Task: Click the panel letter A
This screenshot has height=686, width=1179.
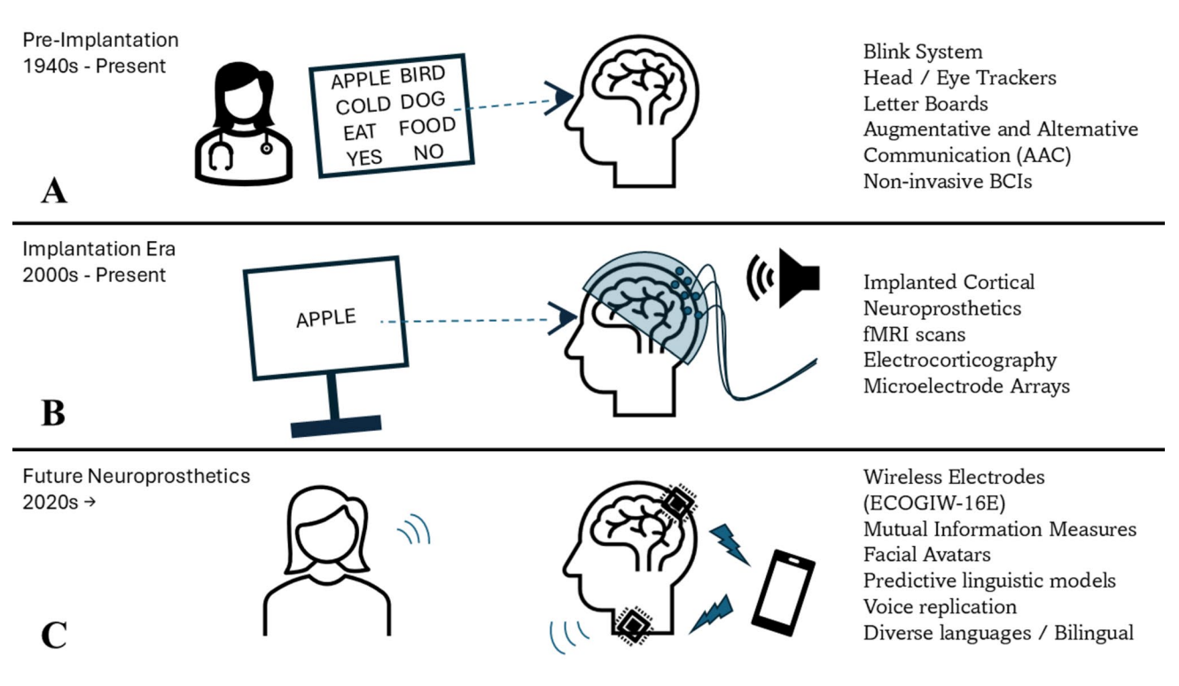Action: tap(54, 190)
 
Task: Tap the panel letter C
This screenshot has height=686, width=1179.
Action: tap(53, 636)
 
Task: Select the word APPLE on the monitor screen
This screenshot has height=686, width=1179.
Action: tap(325, 317)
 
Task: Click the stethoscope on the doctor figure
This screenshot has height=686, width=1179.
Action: tap(232, 154)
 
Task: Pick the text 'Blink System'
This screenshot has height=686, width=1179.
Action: tap(922, 52)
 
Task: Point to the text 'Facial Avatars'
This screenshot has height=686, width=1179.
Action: tap(926, 555)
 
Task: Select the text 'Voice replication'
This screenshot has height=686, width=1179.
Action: tap(940, 606)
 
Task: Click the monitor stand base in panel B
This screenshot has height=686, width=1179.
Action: tap(336, 427)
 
